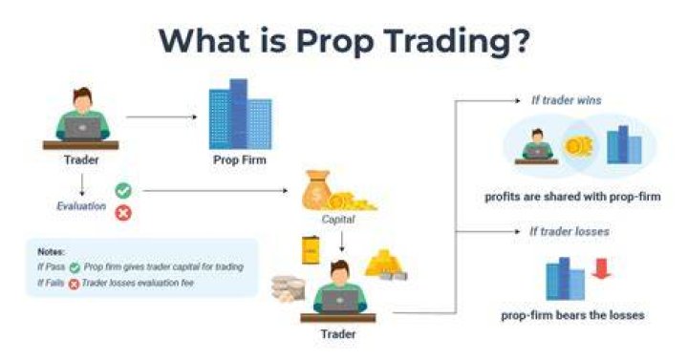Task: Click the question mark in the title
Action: click(518, 40)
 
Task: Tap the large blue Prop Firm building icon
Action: click(240, 114)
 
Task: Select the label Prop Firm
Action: click(240, 160)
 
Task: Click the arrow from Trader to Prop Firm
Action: click(161, 117)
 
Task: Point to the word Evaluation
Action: click(81, 206)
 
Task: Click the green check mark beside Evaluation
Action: click(123, 191)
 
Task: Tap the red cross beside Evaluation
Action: click(123, 214)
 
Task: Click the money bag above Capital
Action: click(316, 189)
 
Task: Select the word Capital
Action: click(338, 219)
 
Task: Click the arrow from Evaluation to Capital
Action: click(215, 191)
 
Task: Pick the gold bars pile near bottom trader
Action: click(386, 265)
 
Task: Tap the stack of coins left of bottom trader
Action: click(288, 289)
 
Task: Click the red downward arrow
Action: click(601, 268)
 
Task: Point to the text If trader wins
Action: click(566, 100)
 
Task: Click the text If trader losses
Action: click(570, 231)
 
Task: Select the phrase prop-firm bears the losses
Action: click(572, 315)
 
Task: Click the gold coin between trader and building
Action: click(578, 145)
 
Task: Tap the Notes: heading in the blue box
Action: click(51, 252)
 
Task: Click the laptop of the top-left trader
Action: click(82, 128)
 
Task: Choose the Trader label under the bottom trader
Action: click(338, 334)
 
